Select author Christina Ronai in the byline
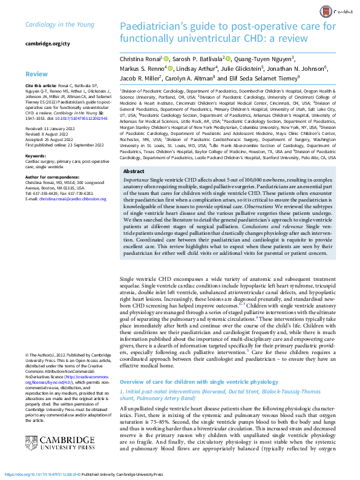(x=140, y=59)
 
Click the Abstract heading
(x=134, y=172)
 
